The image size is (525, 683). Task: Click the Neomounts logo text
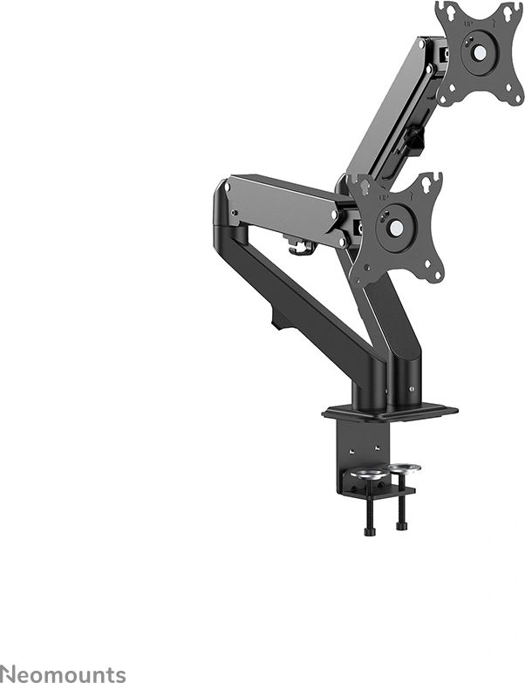click(63, 673)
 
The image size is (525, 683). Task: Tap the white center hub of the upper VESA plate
click(478, 49)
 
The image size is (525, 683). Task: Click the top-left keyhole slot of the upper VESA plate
click(446, 13)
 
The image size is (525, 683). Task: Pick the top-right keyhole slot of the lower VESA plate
click(430, 184)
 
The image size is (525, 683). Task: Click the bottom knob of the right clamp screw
click(401, 525)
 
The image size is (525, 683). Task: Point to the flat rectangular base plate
click(389, 409)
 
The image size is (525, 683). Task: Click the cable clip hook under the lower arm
click(302, 250)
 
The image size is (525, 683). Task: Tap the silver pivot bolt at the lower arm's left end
click(228, 188)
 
